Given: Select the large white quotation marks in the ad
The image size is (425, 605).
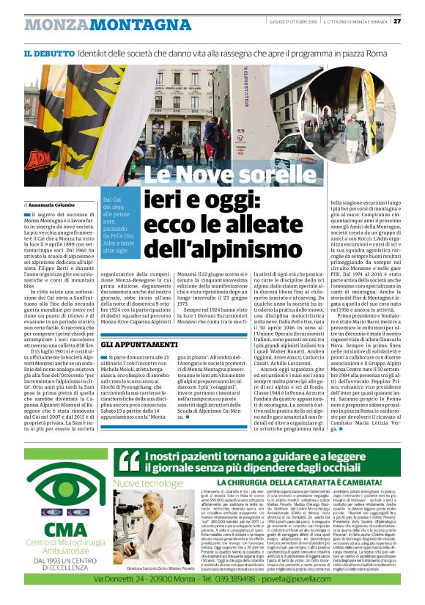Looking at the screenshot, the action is (129, 461).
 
